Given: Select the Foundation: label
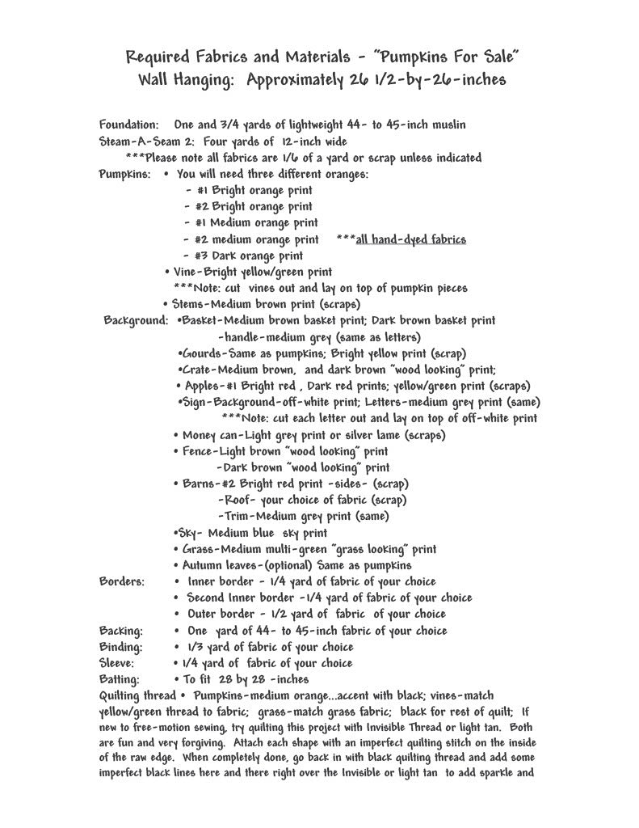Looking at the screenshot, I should [128, 125].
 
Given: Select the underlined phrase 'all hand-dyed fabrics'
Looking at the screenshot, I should [410, 239].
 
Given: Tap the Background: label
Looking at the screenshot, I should [136, 321].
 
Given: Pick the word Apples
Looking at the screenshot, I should [204, 386].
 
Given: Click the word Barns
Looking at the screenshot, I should [198, 484].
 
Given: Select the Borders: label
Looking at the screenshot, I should [122, 581].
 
